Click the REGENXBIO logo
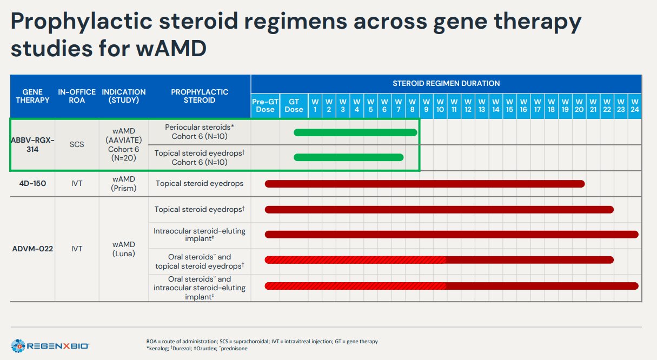coord(50,345)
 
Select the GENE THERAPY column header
coord(32,96)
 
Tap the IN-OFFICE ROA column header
coord(77,96)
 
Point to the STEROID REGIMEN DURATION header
coord(446,83)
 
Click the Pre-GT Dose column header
coord(265,105)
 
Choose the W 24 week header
coord(635,105)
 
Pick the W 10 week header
coord(440,105)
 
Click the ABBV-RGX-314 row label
coord(32,144)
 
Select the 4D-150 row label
coord(32,184)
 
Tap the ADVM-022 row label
coord(32,249)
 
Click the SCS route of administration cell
coord(77,144)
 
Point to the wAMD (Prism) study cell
coord(124,184)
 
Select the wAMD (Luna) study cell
coord(124,249)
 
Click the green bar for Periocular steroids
coord(355,132)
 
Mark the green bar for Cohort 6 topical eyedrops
coord(348,157)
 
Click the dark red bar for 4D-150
coord(424,184)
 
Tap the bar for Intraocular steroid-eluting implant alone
coord(452,235)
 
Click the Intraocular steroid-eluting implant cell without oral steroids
coord(200,235)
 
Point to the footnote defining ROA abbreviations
coord(262,342)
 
